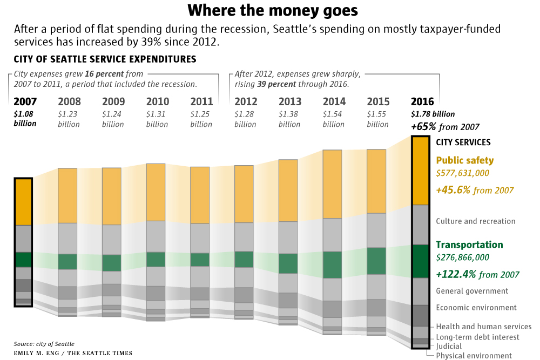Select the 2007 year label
point(25,101)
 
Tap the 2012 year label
point(246,101)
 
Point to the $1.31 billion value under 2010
point(157,119)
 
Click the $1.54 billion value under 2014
point(334,119)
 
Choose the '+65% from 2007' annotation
point(445,127)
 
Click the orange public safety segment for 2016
point(421,171)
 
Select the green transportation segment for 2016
point(421,261)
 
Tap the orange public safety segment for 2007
point(24,202)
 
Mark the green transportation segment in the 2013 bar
point(288,263)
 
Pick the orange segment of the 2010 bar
point(156,192)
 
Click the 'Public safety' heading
point(464,160)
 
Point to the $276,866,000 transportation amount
point(462,258)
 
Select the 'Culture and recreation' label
point(475,221)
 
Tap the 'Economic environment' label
point(476,308)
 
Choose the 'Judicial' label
point(449,347)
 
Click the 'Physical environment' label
point(474,356)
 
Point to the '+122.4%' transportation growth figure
point(456,274)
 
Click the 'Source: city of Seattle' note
point(44,344)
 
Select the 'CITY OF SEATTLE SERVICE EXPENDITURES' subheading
point(104,59)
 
